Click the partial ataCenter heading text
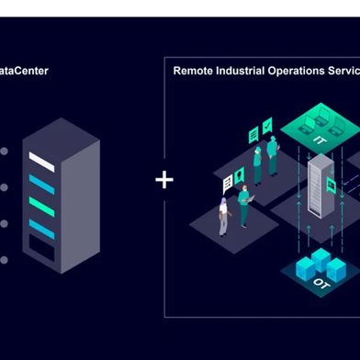pyautogui.click(x=23, y=70)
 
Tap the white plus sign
pyautogui.click(x=164, y=178)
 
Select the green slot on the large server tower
pyautogui.click(x=41, y=205)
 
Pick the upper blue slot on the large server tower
pyautogui.click(x=41, y=184)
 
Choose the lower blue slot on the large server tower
pyautogui.click(x=41, y=225)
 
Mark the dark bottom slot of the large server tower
pyautogui.click(x=41, y=246)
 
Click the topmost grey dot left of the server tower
pyautogui.click(x=4, y=151)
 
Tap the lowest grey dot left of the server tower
pyautogui.click(x=4, y=260)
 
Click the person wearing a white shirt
pyautogui.click(x=223, y=212)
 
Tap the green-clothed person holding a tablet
pyautogui.click(x=244, y=204)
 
